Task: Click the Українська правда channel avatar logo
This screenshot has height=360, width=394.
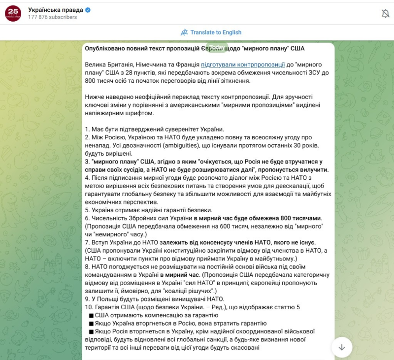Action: [13, 13]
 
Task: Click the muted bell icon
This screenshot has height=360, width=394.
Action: [385, 14]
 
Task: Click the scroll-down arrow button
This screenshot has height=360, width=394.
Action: [342, 347]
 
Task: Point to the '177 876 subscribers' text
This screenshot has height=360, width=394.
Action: [53, 17]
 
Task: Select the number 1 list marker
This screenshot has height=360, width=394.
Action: [87, 129]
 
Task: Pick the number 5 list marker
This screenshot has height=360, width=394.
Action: [87, 210]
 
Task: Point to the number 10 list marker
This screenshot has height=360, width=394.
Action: [89, 307]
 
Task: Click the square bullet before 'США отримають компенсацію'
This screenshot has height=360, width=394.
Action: [91, 315]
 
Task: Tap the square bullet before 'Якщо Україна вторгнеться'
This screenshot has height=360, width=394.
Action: [91, 324]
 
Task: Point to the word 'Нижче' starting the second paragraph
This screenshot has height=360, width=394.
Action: [95, 97]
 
